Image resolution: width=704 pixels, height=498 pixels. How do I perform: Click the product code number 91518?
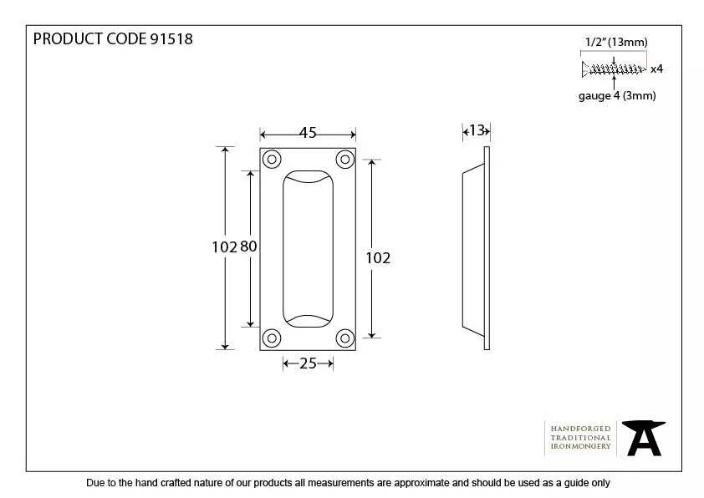pos(171,39)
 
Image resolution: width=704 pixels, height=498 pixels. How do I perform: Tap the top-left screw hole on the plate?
pos(272,160)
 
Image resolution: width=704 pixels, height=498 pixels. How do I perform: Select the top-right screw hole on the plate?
pos(344,160)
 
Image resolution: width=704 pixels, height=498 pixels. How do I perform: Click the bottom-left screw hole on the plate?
pos(272,338)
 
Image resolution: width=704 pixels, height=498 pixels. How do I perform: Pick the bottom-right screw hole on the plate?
pos(344,338)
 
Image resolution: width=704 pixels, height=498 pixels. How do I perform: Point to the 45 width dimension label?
pos(308,132)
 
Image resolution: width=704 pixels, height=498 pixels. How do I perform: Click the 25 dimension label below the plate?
pos(308,363)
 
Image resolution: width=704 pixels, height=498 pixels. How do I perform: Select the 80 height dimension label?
pos(248,246)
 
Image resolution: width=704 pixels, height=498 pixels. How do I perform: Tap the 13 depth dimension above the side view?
pos(477,130)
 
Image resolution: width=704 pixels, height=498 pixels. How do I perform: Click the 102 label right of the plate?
pos(378,258)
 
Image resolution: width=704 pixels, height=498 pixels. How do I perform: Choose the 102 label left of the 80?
pos(224,247)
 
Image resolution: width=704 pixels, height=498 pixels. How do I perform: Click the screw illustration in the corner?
pos(615,69)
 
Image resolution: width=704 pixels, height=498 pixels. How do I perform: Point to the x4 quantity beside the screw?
pos(656,69)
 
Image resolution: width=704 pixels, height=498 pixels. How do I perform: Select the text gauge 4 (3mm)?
pos(617,95)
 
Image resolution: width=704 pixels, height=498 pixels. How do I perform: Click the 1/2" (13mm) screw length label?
pos(616,42)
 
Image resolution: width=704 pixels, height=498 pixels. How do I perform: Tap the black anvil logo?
pos(644,438)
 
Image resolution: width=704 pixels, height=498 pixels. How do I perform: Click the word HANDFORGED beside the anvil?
pos(580,429)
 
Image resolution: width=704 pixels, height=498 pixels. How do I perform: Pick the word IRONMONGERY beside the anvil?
pos(580,446)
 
